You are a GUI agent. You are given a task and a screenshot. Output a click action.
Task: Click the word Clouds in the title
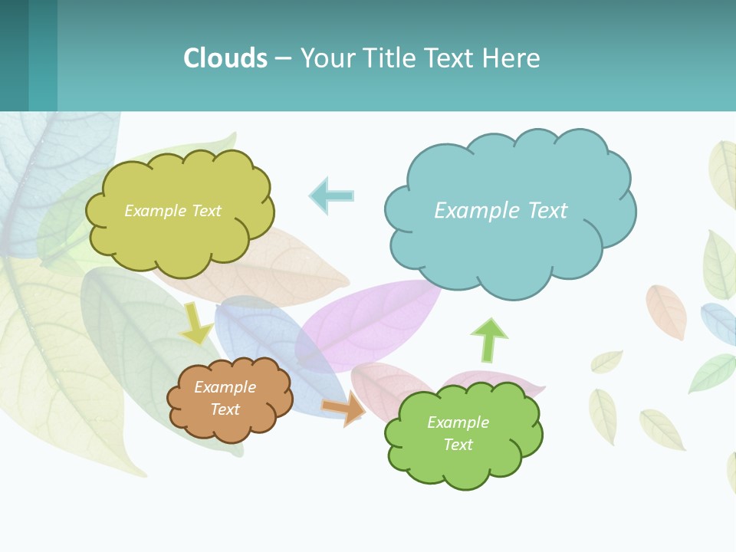point(225,58)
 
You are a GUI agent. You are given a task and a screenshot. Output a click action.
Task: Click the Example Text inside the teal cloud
point(501,210)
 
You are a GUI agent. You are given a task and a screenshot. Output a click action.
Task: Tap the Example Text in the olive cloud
point(172,210)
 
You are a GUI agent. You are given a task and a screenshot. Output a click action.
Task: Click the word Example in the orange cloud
point(225,387)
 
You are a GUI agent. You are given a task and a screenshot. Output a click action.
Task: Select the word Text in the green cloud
point(458,445)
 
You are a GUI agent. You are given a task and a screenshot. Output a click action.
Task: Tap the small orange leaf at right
point(665,310)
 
